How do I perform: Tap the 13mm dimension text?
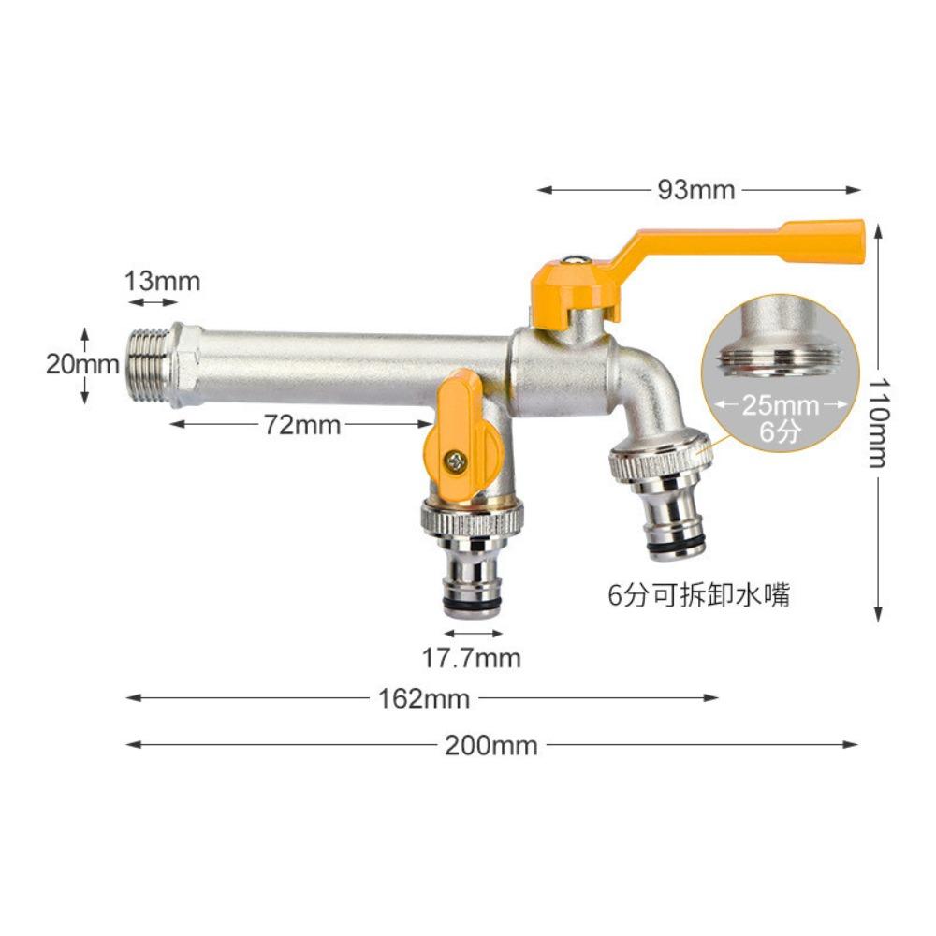click(x=164, y=280)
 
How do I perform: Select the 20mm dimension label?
click(x=82, y=365)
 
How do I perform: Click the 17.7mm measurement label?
click(x=471, y=658)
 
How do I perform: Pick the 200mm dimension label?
click(x=490, y=746)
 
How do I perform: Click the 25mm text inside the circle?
click(x=781, y=405)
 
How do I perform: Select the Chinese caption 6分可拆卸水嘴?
click(x=698, y=595)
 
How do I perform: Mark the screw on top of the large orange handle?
click(x=578, y=264)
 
